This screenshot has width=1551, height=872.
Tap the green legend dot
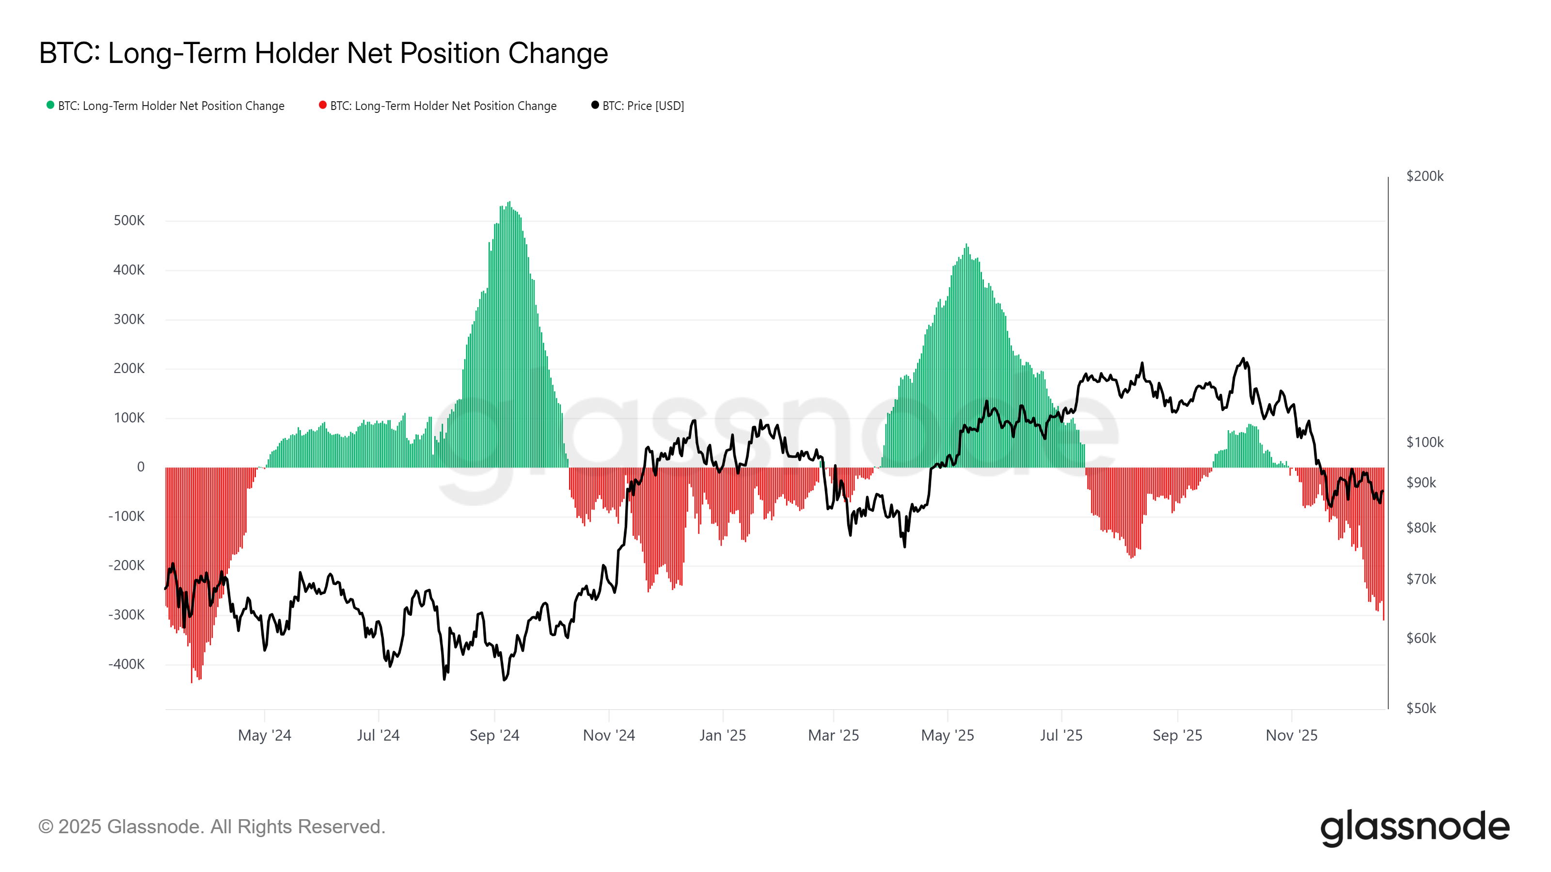pos(50,105)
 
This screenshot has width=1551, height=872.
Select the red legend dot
pos(323,105)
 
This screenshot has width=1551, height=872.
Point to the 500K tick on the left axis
pos(129,221)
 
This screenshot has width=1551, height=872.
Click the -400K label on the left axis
pos(127,664)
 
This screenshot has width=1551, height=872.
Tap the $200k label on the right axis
pos(1424,176)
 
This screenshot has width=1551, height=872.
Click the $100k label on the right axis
pos(1424,442)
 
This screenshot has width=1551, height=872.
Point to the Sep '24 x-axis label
pos(494,735)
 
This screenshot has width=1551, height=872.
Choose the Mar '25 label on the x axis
pos(833,735)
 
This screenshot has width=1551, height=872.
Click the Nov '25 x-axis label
pos(1292,735)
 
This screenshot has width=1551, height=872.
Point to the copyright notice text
pos(211,827)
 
